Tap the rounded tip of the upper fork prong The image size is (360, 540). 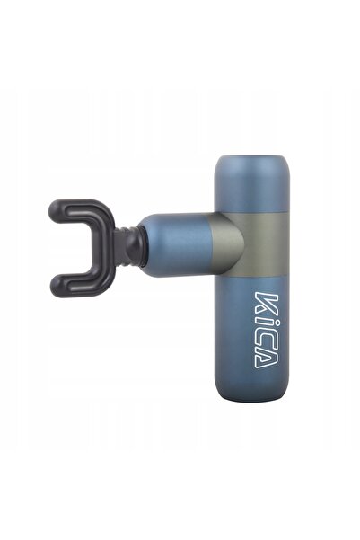coord(56,211)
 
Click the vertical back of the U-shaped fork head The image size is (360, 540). coord(102,249)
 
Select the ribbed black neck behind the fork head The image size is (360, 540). coord(120,247)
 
